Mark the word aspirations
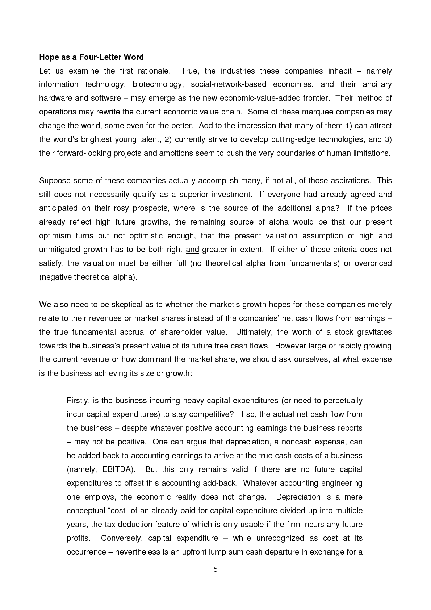coord(347,181)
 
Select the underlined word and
coord(192,250)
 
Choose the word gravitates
coord(374,332)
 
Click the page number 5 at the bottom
coord(216,569)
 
